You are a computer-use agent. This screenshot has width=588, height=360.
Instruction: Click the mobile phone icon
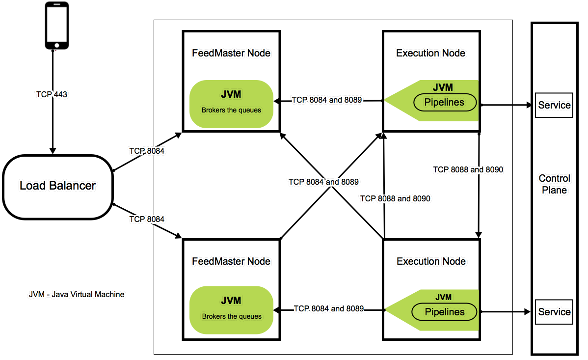pos(56,26)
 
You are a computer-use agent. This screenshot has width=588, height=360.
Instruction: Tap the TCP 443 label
pos(52,94)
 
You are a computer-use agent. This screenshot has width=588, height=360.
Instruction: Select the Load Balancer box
pos(57,186)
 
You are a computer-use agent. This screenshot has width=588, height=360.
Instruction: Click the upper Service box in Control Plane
pos(554,105)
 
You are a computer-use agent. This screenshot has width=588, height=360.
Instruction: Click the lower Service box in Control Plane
pos(554,312)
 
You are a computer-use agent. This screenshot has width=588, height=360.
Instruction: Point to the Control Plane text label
pos(554,184)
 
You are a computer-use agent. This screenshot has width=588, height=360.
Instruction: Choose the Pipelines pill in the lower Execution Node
pos(444,312)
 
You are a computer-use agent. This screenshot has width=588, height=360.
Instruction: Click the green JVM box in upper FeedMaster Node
pos(231,104)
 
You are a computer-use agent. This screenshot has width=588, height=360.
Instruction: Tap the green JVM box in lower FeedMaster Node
pos(231,310)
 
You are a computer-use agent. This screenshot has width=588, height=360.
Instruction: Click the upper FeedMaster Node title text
pos(231,53)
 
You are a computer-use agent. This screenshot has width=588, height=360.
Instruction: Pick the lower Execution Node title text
pos(431,261)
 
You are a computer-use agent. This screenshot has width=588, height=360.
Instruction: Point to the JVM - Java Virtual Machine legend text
pos(77,295)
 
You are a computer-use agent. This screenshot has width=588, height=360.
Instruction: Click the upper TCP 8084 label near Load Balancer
pos(147,151)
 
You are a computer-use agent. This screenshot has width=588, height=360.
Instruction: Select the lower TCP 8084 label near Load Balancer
pos(147,219)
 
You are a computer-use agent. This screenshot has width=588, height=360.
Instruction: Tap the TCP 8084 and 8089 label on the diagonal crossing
pos(323,182)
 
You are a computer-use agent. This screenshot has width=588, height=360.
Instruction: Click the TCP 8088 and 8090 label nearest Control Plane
pos(468,169)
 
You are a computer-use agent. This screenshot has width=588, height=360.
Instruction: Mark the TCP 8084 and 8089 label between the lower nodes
pos(329,309)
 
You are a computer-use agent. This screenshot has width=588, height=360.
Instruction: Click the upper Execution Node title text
pos(430,53)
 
